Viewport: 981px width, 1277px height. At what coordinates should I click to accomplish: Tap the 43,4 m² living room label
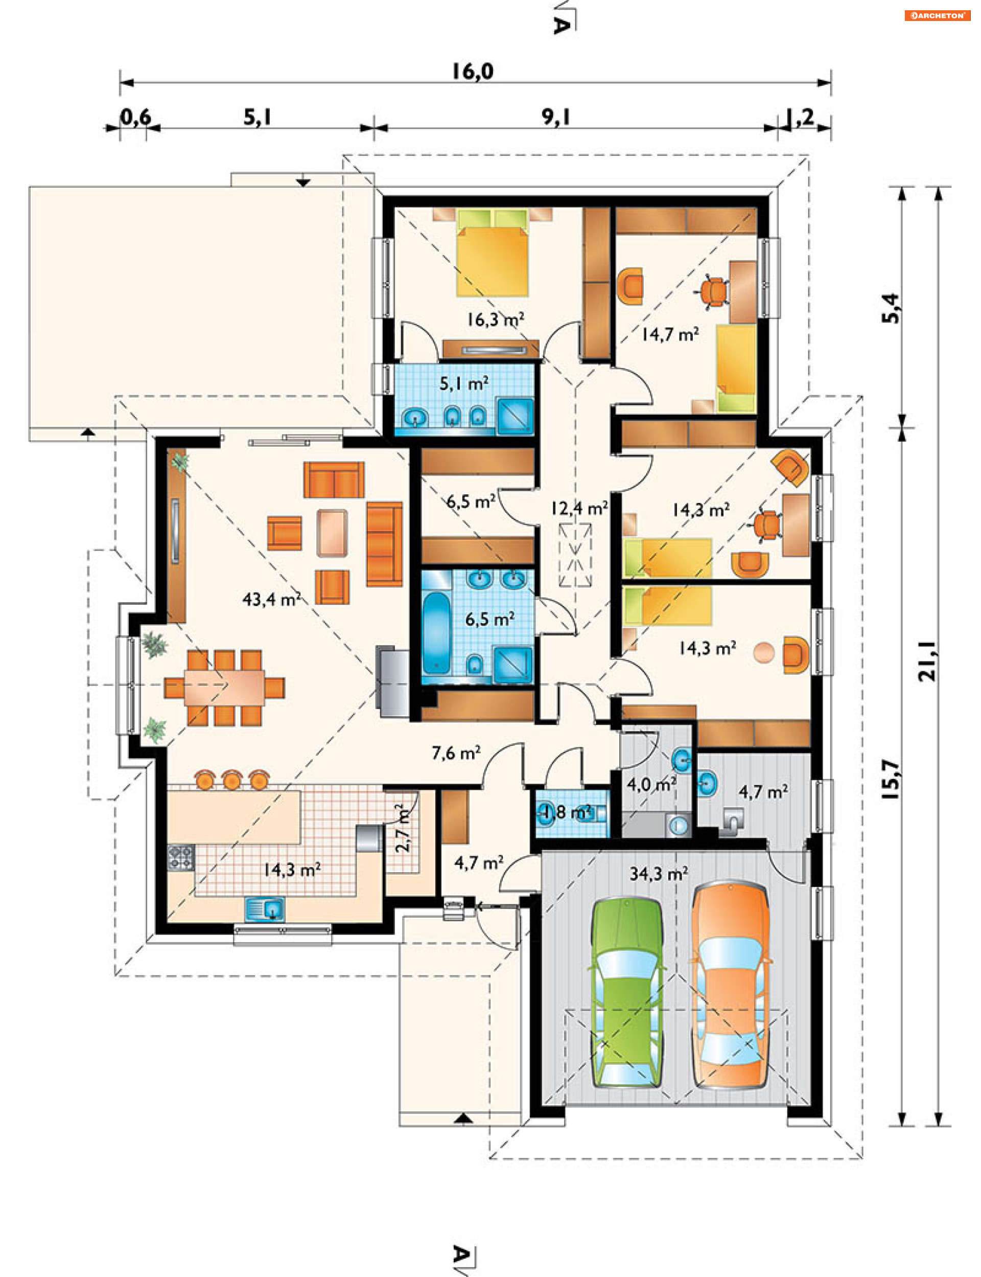(271, 599)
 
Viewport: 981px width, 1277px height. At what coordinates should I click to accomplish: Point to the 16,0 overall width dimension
(473, 71)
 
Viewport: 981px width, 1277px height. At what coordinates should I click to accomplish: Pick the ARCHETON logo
(937, 16)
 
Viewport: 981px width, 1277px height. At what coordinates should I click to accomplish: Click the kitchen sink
(265, 909)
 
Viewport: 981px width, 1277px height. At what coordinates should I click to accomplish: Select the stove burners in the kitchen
(180, 857)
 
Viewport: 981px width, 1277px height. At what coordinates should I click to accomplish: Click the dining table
(224, 688)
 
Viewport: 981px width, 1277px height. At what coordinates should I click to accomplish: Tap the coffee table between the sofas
(332, 533)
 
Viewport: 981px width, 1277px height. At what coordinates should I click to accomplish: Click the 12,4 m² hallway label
(579, 508)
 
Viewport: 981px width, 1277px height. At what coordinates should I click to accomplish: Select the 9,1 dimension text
(555, 118)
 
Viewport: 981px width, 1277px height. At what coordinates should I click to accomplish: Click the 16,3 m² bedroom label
(495, 319)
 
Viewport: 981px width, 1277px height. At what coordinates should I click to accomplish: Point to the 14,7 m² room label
(670, 334)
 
